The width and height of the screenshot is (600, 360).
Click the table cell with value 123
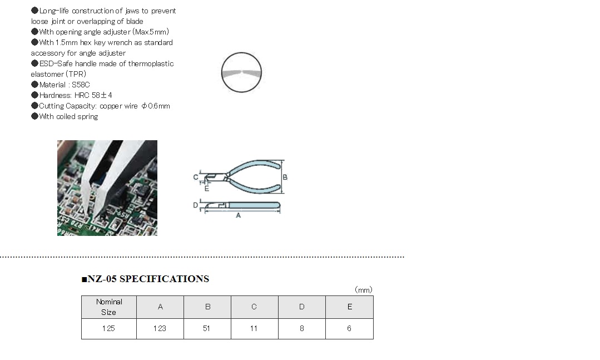point(160,329)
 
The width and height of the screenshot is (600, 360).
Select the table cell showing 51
point(207,329)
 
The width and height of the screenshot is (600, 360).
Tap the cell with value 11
point(255,329)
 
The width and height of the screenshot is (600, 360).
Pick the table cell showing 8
point(302,329)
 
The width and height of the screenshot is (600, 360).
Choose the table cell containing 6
point(349,329)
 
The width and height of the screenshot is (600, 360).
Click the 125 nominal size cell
point(108,329)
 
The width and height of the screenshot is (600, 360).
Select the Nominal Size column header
point(108,307)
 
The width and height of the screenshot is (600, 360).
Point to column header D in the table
point(302,307)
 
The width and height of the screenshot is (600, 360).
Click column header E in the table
point(349,307)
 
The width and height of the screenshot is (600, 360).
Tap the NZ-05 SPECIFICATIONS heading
point(145,279)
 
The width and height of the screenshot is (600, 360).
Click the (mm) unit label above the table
point(364,290)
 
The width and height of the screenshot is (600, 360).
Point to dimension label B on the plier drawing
point(285,177)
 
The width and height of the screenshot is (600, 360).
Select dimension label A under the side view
point(239,216)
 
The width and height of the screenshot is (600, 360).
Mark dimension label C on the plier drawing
point(196,177)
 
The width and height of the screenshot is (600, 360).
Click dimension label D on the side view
point(196,205)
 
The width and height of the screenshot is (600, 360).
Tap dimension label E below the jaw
point(207,189)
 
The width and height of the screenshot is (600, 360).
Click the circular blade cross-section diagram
point(241,72)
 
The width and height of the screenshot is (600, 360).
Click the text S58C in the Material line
point(81,85)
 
